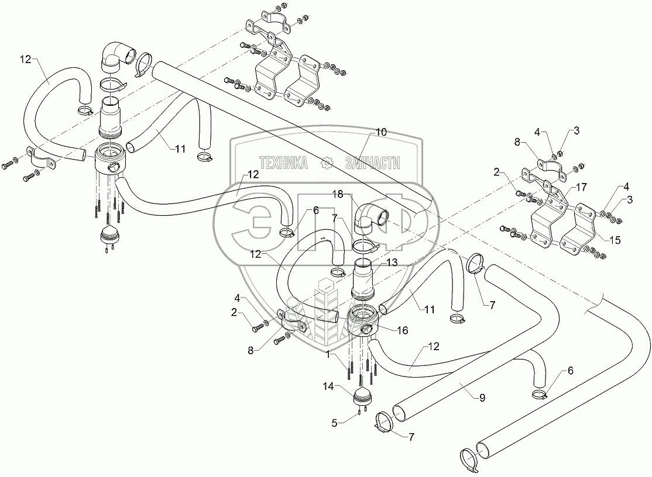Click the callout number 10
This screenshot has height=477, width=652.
pos(381,133)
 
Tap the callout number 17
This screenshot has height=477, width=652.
pos(581,188)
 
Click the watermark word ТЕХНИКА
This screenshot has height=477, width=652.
pos(283,163)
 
